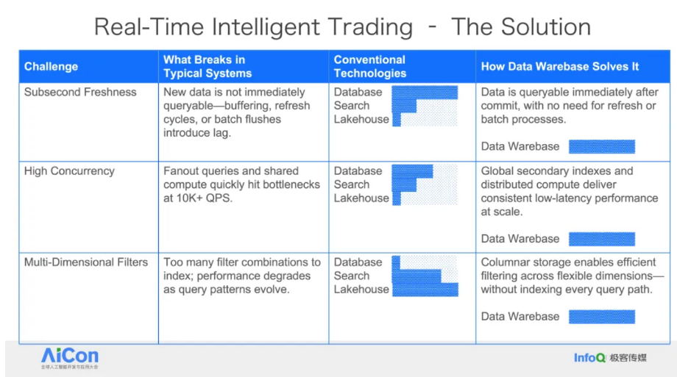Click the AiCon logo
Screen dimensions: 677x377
coord(69,358)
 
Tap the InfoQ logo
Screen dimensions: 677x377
coord(589,358)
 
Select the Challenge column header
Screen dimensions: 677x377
coord(51,66)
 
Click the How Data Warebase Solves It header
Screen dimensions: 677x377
coord(559,66)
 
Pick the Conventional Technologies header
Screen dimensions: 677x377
coord(370,66)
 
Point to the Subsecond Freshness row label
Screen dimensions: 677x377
coord(80,92)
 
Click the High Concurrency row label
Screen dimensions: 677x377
coord(69,170)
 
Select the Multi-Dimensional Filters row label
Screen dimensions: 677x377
coord(86,262)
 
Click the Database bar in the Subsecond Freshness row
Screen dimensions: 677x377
coord(425,93)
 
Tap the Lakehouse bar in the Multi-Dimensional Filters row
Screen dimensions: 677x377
coord(425,290)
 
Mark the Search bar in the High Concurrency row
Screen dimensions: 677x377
coord(404,184)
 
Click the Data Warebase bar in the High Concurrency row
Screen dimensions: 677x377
coord(602,239)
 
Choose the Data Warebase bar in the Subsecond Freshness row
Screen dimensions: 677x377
coord(602,147)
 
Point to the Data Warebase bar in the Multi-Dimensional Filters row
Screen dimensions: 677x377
coord(602,317)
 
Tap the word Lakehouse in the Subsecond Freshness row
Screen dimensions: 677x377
coord(361,119)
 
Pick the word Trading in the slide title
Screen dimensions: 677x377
coord(370,26)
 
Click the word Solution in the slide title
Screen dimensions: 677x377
coord(546,26)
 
